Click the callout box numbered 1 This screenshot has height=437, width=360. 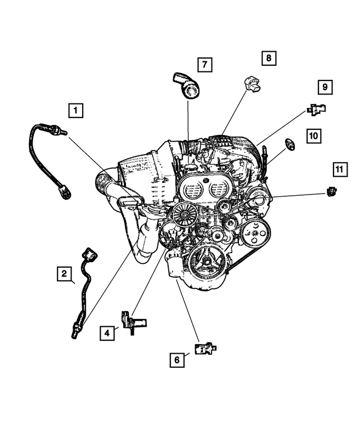pyautogui.click(x=76, y=110)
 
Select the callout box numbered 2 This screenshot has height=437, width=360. pyautogui.click(x=65, y=274)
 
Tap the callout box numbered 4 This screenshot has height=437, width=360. pyautogui.click(x=106, y=333)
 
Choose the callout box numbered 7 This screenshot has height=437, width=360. pyautogui.click(x=204, y=65)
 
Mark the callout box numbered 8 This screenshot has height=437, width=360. pyautogui.click(x=268, y=57)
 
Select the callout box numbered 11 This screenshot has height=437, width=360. pyautogui.click(x=338, y=169)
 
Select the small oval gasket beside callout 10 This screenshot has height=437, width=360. pyautogui.click(x=291, y=145)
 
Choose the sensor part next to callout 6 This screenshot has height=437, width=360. pyautogui.click(x=204, y=349)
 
